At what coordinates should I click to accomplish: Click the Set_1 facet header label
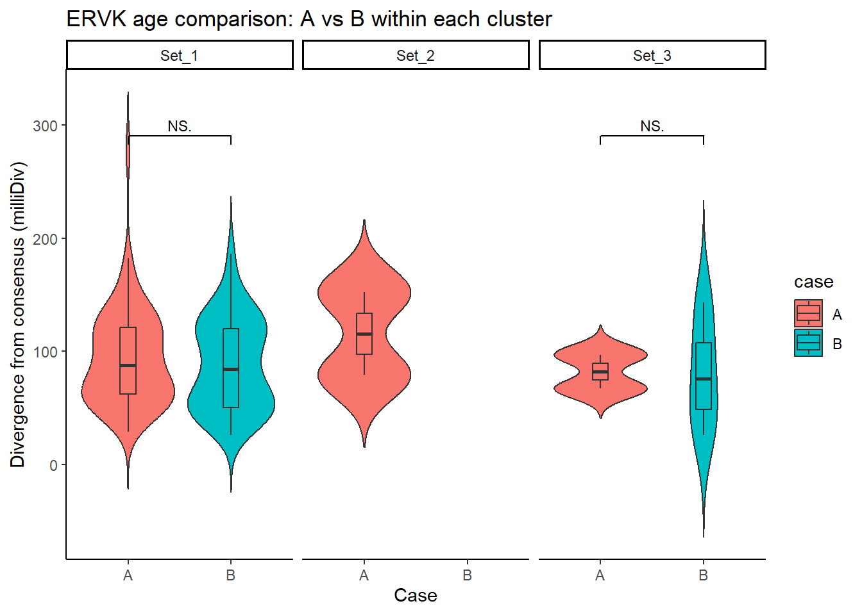180,56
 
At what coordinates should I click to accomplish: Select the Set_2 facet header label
416,56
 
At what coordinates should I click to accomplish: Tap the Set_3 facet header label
652,56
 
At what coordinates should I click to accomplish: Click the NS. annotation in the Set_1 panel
180,126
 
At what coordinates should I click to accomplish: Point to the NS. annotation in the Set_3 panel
652,126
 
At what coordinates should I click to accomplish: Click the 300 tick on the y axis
46,126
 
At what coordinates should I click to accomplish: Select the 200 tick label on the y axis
46,239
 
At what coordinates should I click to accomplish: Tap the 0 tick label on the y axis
53,465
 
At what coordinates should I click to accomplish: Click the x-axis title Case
416,595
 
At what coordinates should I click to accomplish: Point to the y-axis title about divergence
17,315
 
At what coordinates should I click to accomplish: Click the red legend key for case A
808,313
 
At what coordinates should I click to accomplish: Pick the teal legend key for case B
808,343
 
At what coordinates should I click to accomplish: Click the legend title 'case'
813,282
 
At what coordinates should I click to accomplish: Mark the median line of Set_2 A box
364,334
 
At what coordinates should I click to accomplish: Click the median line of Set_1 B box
231,369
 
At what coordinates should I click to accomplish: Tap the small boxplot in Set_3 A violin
600,372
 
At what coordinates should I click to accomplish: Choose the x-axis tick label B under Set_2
468,575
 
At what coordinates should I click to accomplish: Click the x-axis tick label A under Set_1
128,575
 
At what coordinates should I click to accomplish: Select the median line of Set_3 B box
704,379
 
